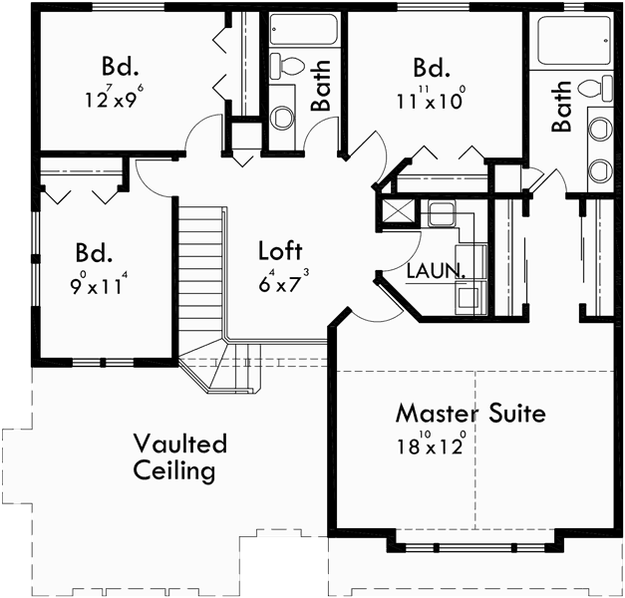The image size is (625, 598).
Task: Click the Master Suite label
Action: coord(469,413)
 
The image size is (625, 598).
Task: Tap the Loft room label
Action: coord(279,250)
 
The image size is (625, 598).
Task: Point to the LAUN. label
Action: coord(436,270)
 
